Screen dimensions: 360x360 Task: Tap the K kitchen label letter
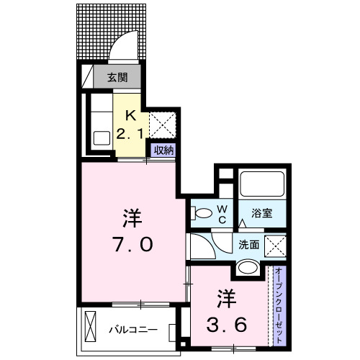[x=131, y=114]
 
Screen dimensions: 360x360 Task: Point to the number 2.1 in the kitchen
[x=131, y=132]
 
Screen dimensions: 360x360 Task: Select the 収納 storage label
[x=163, y=150]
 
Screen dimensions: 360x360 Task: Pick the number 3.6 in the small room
[x=227, y=324]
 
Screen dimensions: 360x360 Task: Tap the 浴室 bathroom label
[x=261, y=213]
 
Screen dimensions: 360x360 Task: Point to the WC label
[x=222, y=214]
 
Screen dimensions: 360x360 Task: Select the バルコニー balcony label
[x=133, y=330]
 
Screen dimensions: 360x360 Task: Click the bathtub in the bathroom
[x=262, y=184]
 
